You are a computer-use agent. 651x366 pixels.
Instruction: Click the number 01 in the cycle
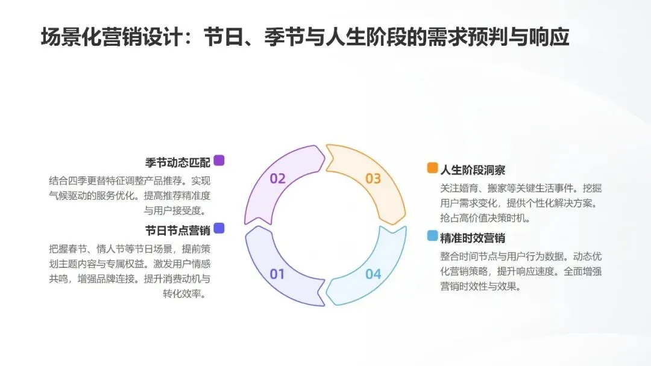point(277,274)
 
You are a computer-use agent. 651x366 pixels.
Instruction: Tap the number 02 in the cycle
point(277,179)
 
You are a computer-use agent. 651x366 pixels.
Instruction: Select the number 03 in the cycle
point(373,179)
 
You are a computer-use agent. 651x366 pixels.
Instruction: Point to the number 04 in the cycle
point(373,274)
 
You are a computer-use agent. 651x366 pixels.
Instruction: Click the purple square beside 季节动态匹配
point(219,160)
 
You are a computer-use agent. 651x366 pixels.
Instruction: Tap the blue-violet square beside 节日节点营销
point(219,228)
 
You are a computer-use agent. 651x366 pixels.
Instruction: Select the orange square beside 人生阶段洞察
point(432,168)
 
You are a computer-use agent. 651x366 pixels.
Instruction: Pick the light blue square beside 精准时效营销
point(432,236)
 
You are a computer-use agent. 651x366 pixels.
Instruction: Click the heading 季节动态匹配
point(178,162)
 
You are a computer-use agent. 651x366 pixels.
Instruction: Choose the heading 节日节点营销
point(178,230)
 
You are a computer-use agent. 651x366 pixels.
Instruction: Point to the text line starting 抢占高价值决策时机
point(485,219)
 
